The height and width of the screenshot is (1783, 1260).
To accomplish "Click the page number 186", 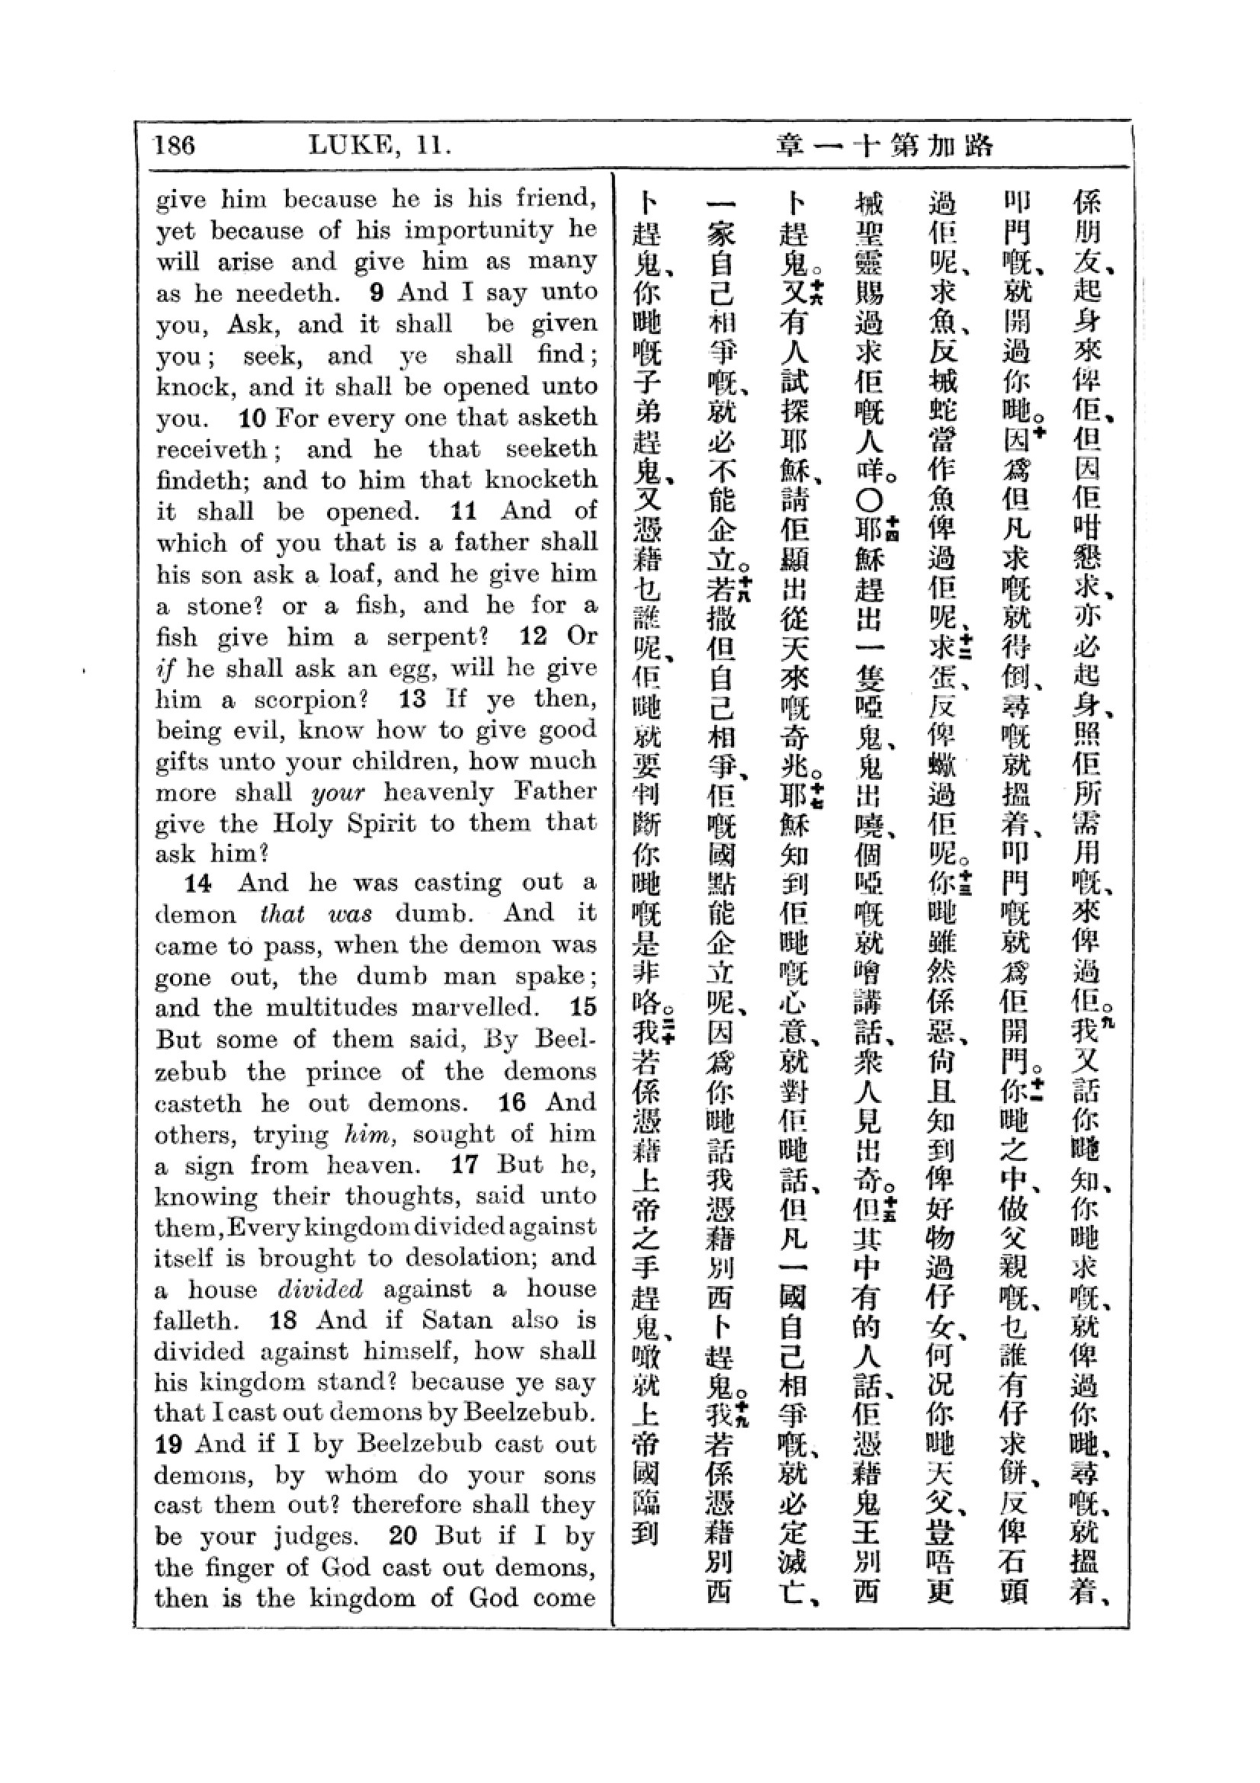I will tap(174, 146).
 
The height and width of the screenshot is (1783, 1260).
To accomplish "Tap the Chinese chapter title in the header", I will tap(884, 146).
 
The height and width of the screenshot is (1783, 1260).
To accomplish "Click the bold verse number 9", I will tap(377, 293).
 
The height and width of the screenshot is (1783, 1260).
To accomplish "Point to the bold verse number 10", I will tap(252, 418).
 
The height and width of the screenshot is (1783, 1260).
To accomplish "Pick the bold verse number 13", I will tap(412, 699).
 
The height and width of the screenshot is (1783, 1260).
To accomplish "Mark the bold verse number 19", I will tap(169, 1445).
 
